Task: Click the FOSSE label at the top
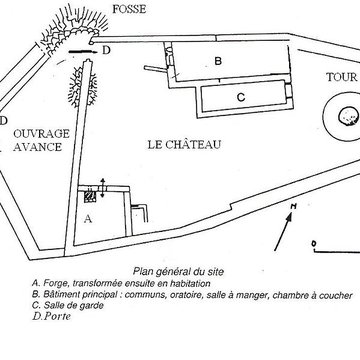tap(129, 9)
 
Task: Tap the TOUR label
tap(342, 77)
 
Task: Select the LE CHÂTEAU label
tap(184, 145)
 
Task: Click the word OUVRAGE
tap(41, 134)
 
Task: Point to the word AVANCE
tap(38, 147)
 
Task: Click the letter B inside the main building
tap(218, 61)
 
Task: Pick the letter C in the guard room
tap(241, 97)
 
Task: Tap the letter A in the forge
tap(88, 219)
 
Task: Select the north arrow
tap(284, 230)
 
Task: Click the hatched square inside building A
tap(90, 196)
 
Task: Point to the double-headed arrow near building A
tap(103, 188)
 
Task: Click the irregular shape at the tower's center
tap(349, 117)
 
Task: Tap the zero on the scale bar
tap(313, 244)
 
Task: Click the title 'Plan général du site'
tap(178, 272)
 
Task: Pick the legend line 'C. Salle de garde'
tap(68, 306)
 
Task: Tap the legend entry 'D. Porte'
tap(52, 316)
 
